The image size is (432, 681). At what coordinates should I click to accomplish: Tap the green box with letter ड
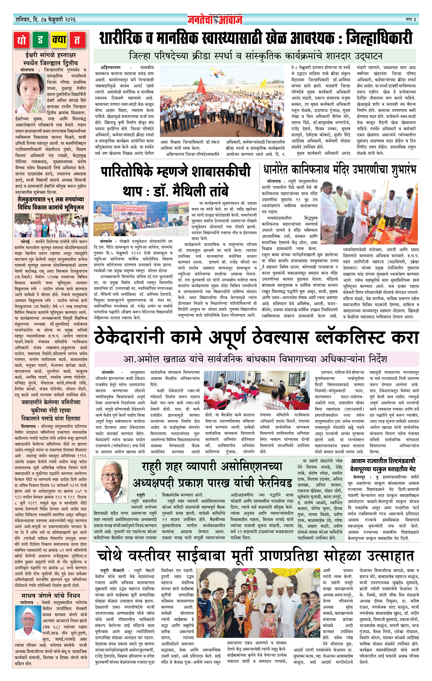(40, 40)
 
